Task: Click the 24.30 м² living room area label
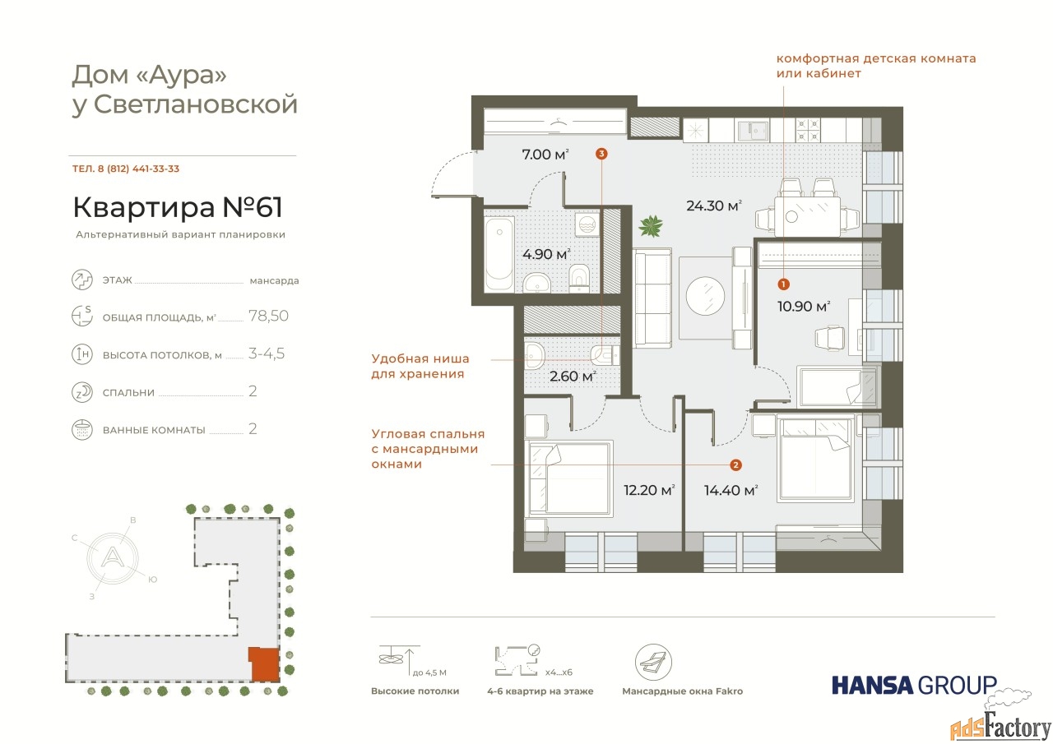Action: (x=713, y=206)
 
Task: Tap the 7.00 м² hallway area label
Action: (x=545, y=154)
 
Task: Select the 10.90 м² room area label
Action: (x=804, y=307)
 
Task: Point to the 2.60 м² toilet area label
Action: (x=573, y=377)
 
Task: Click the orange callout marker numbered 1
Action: (x=783, y=284)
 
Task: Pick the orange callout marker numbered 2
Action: (x=735, y=465)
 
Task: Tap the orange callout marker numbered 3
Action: (x=601, y=154)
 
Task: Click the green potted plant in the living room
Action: (x=651, y=226)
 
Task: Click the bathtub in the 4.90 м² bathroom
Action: (x=499, y=254)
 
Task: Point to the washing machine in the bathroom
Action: (x=587, y=225)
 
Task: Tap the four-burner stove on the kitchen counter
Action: (x=808, y=130)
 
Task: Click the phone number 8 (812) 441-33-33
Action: (x=138, y=169)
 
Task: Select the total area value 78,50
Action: (x=268, y=316)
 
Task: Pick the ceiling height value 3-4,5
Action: (x=267, y=354)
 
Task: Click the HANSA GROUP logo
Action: (x=914, y=685)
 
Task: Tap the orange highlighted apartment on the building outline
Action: (x=264, y=664)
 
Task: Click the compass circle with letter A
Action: (x=113, y=558)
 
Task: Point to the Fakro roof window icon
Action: (x=653, y=663)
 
